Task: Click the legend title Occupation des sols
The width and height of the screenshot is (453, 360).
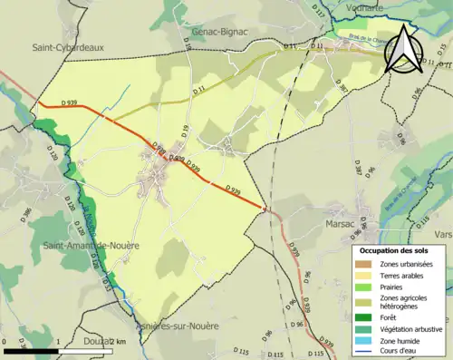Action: (395, 250)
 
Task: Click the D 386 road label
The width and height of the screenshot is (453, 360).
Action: (25, 215)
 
